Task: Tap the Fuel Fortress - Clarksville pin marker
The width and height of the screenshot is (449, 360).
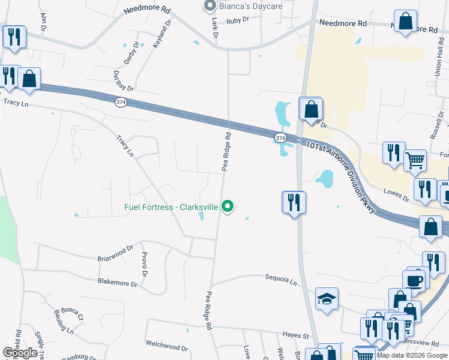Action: tap(228, 206)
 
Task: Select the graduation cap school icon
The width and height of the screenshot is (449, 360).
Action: tap(327, 298)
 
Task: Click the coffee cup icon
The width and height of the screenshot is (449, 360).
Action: tap(414, 281)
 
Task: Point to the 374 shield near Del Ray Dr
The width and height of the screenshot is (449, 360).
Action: tap(121, 103)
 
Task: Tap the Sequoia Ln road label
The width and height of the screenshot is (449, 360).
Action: tap(282, 279)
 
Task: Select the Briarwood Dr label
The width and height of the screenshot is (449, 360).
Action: tap(115, 253)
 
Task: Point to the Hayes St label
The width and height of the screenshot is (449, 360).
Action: tap(295, 336)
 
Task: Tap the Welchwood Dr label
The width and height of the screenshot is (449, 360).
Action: tap(166, 346)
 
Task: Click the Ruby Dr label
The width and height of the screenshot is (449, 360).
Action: tap(237, 20)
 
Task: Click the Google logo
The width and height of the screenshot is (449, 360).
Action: tap(20, 353)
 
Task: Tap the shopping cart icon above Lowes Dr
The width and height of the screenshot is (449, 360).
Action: tap(415, 160)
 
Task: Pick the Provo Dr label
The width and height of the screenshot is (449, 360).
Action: tap(144, 265)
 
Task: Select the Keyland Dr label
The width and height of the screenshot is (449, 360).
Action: tap(162, 34)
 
